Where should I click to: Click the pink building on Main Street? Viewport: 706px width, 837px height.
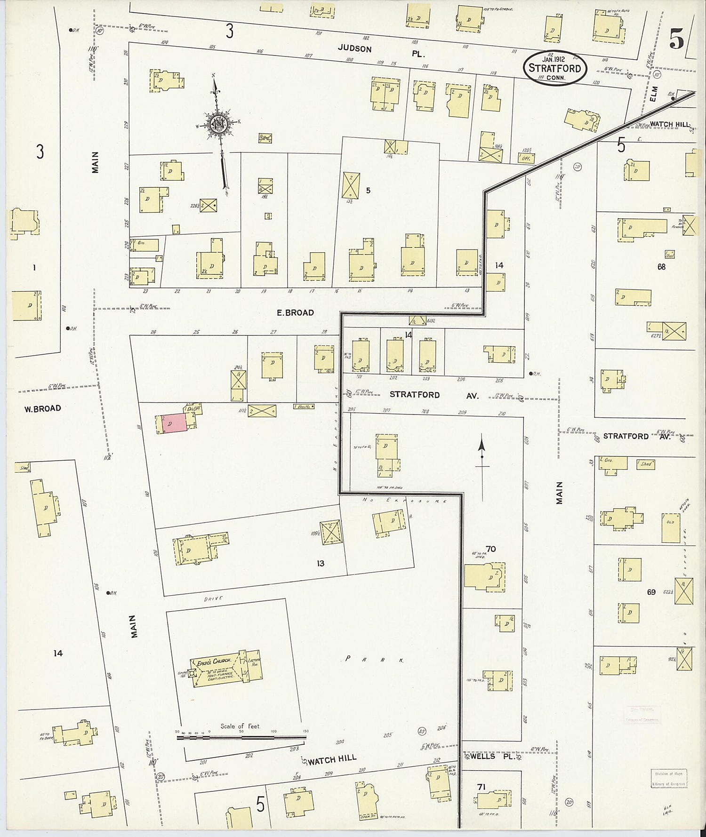click(x=174, y=423)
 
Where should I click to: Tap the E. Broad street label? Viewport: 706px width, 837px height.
click(x=295, y=313)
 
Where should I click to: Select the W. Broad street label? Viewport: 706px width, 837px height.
click(x=43, y=408)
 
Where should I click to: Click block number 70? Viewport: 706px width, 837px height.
click(x=491, y=549)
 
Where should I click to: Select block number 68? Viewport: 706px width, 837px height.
click(x=662, y=267)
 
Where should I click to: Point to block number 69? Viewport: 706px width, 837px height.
click(x=651, y=592)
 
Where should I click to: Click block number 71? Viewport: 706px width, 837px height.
click(x=481, y=787)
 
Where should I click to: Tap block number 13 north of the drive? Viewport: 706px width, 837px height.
click(x=320, y=564)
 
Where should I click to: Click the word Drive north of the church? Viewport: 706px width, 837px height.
click(x=213, y=599)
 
